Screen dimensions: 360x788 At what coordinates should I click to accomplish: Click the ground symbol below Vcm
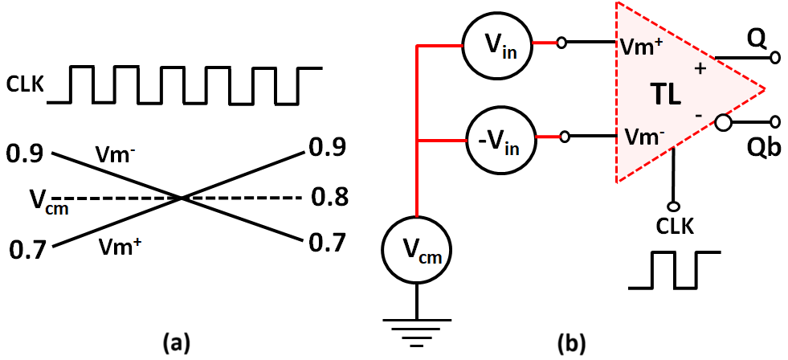pyautogui.click(x=416, y=331)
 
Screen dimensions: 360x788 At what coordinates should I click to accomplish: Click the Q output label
pyautogui.click(x=753, y=37)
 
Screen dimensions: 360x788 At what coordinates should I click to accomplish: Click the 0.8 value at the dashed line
pyautogui.click(x=328, y=197)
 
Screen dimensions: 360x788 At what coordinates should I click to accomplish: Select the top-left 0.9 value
pyautogui.click(x=25, y=152)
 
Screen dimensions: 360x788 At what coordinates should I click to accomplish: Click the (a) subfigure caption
pyautogui.click(x=176, y=343)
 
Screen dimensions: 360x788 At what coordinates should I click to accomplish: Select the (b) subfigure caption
pyautogui.click(x=572, y=343)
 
